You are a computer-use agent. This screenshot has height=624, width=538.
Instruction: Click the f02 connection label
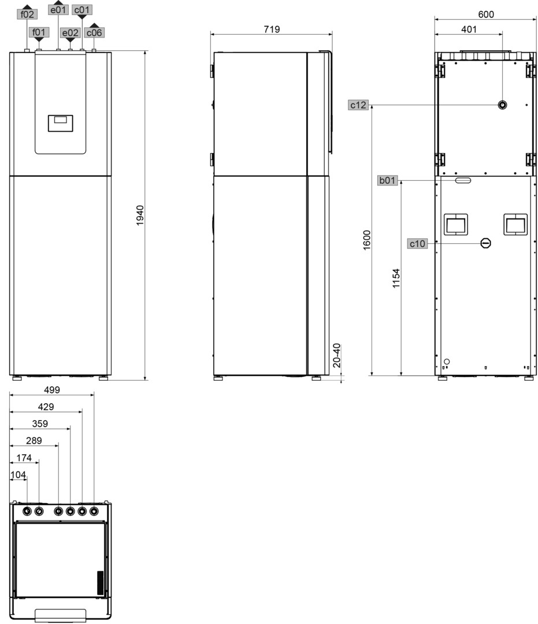(27, 14)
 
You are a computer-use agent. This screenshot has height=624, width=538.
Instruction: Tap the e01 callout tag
(58, 9)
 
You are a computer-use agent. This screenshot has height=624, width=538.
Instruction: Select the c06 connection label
(94, 32)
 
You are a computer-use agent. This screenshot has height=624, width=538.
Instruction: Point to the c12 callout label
(358, 105)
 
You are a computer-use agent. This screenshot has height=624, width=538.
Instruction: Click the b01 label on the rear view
(387, 180)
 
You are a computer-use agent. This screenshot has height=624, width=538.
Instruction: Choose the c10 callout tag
(417, 244)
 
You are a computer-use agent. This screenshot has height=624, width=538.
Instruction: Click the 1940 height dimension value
(140, 216)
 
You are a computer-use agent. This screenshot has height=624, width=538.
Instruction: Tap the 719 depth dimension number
(272, 29)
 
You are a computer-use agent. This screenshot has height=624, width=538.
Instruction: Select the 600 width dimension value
(486, 14)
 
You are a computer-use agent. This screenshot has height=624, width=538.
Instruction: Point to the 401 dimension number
(469, 29)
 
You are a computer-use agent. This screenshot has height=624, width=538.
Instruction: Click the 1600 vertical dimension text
(367, 240)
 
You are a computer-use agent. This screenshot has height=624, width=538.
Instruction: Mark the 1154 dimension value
(396, 278)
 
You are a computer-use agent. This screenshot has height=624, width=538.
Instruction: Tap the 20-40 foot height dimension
(337, 355)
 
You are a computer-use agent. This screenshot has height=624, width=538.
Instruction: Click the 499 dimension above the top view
(52, 390)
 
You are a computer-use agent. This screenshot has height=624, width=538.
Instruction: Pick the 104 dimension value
(18, 475)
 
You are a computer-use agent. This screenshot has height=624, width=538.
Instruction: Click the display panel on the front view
(61, 124)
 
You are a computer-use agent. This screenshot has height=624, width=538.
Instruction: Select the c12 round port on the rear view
(503, 105)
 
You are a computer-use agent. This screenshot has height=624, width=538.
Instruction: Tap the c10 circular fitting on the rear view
(486, 243)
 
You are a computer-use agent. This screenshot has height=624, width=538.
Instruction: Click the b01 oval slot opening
(463, 180)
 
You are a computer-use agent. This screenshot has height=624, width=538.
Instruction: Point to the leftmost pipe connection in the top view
(27, 511)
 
